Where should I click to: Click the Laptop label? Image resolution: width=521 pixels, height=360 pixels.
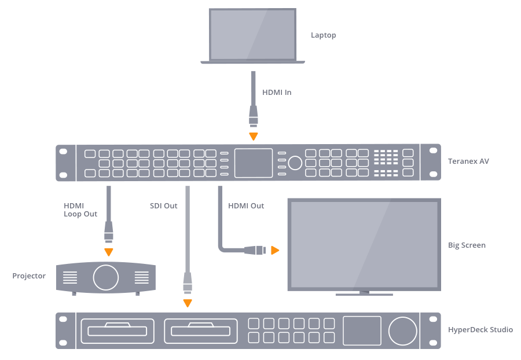(323, 35)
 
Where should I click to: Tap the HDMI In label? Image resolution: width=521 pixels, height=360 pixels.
(277, 92)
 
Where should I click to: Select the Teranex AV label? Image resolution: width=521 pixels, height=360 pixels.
(468, 161)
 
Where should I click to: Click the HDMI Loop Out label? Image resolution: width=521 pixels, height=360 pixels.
(80, 210)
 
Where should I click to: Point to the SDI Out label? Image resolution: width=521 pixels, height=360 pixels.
(163, 205)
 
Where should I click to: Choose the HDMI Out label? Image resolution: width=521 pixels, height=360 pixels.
(246, 205)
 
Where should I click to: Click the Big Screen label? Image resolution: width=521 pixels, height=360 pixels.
(467, 245)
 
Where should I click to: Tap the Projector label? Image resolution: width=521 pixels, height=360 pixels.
(29, 275)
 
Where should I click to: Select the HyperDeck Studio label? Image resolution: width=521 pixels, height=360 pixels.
(480, 330)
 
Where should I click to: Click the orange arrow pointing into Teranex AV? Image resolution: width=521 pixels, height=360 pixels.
(253, 137)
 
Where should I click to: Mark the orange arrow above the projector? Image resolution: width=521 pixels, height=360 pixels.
(108, 252)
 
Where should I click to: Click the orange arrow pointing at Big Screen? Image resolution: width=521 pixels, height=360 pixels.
(275, 251)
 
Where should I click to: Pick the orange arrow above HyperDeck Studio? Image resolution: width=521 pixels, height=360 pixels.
(187, 303)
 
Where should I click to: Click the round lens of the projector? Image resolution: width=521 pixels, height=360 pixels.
(106, 277)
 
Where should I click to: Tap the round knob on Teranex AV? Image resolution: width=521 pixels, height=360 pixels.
(295, 163)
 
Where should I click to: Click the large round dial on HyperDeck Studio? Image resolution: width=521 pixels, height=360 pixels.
(402, 330)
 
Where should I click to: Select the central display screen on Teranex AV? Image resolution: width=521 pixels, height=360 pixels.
(253, 163)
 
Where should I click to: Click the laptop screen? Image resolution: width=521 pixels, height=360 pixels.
(252, 34)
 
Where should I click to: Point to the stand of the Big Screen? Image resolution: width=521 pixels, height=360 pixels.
(364, 293)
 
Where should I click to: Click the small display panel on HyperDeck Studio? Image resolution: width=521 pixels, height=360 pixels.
(362, 330)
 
